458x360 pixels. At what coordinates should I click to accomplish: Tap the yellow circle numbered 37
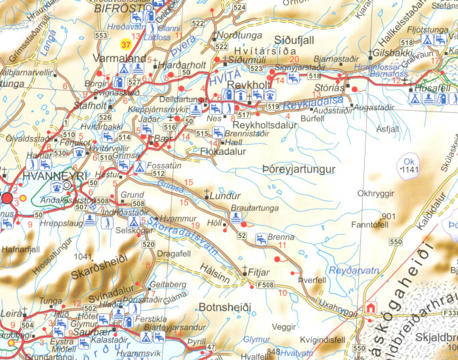[125, 45]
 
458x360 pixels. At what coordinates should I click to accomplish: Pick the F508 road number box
[264, 285]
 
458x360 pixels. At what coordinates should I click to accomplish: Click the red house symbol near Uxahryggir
[372, 306]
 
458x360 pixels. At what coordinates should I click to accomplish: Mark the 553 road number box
[100, 35]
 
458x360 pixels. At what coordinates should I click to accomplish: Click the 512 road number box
[157, 174]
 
